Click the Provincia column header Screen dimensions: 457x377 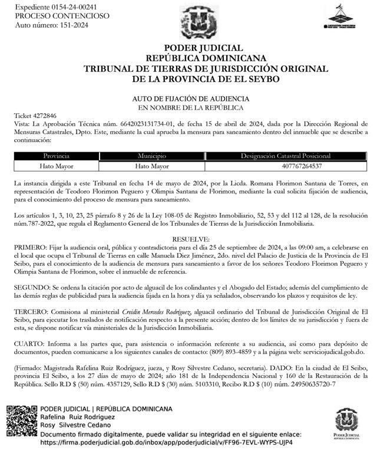coord(52,156)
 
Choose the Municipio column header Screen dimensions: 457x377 coord(153,156)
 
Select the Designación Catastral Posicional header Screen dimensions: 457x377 coord(286,156)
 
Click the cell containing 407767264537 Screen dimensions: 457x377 coord(286,166)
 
